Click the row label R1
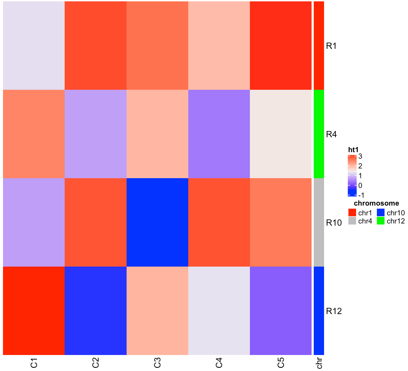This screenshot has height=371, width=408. (331, 46)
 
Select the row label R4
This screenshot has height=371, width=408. (331, 134)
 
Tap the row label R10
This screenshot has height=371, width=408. (334, 223)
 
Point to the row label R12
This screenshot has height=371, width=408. (334, 311)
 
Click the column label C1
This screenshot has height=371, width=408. (34, 363)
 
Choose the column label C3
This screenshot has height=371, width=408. (158, 363)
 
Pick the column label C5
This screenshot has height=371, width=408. (281, 363)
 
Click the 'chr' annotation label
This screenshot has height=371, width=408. (319, 363)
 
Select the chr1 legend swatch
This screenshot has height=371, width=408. (352, 213)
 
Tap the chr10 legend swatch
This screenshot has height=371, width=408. (381, 213)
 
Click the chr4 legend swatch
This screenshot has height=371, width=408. (352, 221)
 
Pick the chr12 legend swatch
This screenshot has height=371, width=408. (381, 221)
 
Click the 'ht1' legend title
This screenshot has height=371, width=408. (353, 150)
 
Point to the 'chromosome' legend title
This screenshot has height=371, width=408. (376, 203)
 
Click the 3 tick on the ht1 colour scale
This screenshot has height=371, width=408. (360, 156)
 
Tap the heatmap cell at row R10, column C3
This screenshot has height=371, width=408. (158, 222)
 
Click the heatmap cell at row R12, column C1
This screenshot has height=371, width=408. (34, 311)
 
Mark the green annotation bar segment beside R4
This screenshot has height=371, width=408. (319, 134)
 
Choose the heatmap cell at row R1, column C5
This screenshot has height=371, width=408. (281, 46)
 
